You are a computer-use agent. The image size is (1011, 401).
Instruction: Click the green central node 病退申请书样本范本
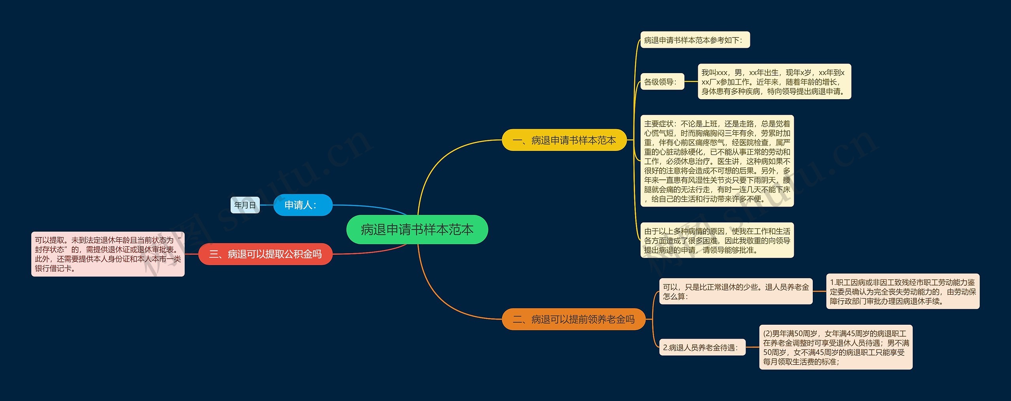(417, 230)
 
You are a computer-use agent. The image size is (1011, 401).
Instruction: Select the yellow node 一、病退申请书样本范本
(564, 140)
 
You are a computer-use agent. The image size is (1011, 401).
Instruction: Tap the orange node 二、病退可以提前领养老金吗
(573, 319)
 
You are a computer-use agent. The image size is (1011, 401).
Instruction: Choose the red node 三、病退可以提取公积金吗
(265, 254)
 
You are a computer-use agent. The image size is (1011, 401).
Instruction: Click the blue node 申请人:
(303, 205)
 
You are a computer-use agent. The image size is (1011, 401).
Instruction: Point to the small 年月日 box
(245, 205)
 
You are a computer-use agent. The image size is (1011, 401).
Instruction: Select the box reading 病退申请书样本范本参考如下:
(695, 40)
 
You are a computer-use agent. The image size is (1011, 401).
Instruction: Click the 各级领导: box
(662, 82)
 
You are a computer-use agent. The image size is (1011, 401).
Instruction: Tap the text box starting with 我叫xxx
(774, 82)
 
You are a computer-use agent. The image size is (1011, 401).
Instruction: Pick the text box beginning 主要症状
(717, 161)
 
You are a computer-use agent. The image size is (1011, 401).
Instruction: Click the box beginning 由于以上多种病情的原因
(717, 240)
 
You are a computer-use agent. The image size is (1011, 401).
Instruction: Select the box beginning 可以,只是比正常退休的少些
(735, 292)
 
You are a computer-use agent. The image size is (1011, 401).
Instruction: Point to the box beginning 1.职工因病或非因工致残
(902, 292)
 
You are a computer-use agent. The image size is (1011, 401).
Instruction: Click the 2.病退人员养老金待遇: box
(702, 347)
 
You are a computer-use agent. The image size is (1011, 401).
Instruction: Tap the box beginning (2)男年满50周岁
(835, 347)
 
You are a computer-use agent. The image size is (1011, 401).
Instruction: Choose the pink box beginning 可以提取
(108, 254)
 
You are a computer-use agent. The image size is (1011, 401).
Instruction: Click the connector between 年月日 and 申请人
(267, 205)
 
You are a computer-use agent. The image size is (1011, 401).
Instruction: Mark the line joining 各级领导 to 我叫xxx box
(691, 82)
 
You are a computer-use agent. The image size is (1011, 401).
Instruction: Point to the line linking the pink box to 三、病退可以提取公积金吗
(192, 254)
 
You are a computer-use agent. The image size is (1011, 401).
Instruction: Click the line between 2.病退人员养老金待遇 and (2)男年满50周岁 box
(752, 347)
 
